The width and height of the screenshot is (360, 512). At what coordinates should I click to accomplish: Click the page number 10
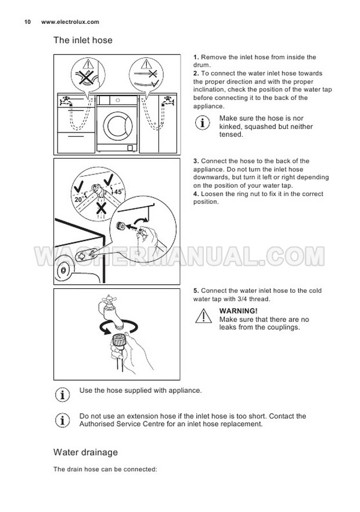pyautogui.click(x=27, y=22)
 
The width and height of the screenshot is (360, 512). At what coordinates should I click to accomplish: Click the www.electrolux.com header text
pyautogui.click(x=70, y=22)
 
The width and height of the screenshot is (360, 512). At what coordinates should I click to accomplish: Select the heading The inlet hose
pyautogui.click(x=83, y=40)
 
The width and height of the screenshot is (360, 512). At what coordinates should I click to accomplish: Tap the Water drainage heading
pyautogui.click(x=85, y=452)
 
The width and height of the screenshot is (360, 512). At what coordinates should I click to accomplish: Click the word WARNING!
pyautogui.click(x=238, y=311)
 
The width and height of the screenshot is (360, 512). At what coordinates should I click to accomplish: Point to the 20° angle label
pyautogui.click(x=80, y=199)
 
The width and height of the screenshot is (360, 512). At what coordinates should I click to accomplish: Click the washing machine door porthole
pyautogui.click(x=117, y=126)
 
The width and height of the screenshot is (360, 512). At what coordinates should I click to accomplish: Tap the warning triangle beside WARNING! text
pyautogui.click(x=203, y=316)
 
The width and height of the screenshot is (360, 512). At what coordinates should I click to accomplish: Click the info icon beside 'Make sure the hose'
pyautogui.click(x=203, y=123)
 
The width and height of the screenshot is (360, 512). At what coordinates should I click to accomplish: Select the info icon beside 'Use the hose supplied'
pyautogui.click(x=62, y=395)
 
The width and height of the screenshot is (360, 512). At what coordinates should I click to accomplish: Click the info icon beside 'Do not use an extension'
pyautogui.click(x=62, y=420)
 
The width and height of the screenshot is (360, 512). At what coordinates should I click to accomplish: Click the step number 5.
pyautogui.click(x=196, y=291)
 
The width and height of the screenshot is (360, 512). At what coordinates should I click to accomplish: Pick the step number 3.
pyautogui.click(x=196, y=161)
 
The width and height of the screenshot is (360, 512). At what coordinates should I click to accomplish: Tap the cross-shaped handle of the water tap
pyautogui.click(x=107, y=299)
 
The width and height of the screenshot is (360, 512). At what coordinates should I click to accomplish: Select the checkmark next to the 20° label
pyautogui.click(x=78, y=187)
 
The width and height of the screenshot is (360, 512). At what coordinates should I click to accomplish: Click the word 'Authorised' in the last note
pyautogui.click(x=97, y=424)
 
